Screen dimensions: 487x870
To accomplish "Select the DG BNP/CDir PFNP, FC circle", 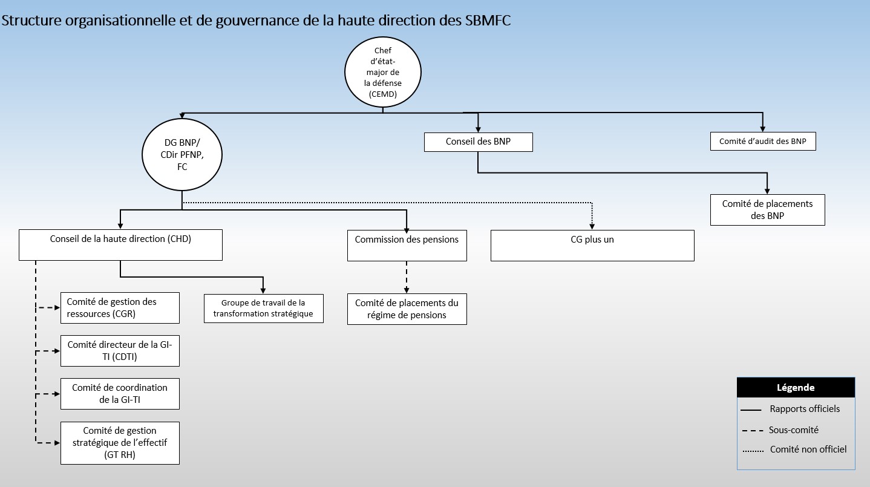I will (182, 155).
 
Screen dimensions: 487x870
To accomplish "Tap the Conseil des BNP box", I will (478, 142).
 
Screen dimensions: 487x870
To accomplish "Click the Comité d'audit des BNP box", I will (762, 142).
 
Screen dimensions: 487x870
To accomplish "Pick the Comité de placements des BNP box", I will (767, 209).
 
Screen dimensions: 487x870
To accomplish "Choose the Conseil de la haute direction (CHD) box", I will (120, 244).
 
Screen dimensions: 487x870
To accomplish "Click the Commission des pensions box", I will (407, 245).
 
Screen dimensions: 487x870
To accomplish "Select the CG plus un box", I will (592, 245).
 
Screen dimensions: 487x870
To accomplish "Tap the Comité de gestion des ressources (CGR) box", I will (120, 307).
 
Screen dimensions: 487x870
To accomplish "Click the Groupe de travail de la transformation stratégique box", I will (263, 308).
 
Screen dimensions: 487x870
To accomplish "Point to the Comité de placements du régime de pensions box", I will (407, 309).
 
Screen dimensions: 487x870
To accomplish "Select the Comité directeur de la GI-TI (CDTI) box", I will (120, 350).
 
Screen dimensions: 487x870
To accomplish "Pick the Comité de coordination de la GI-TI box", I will (120, 393).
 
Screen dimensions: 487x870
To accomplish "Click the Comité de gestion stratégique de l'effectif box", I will (120, 443).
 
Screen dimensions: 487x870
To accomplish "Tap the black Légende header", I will (796, 388).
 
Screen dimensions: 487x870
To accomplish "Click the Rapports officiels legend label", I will (805, 409).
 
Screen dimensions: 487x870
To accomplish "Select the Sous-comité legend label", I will (793, 430).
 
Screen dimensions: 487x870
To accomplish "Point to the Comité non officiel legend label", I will (808, 449).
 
